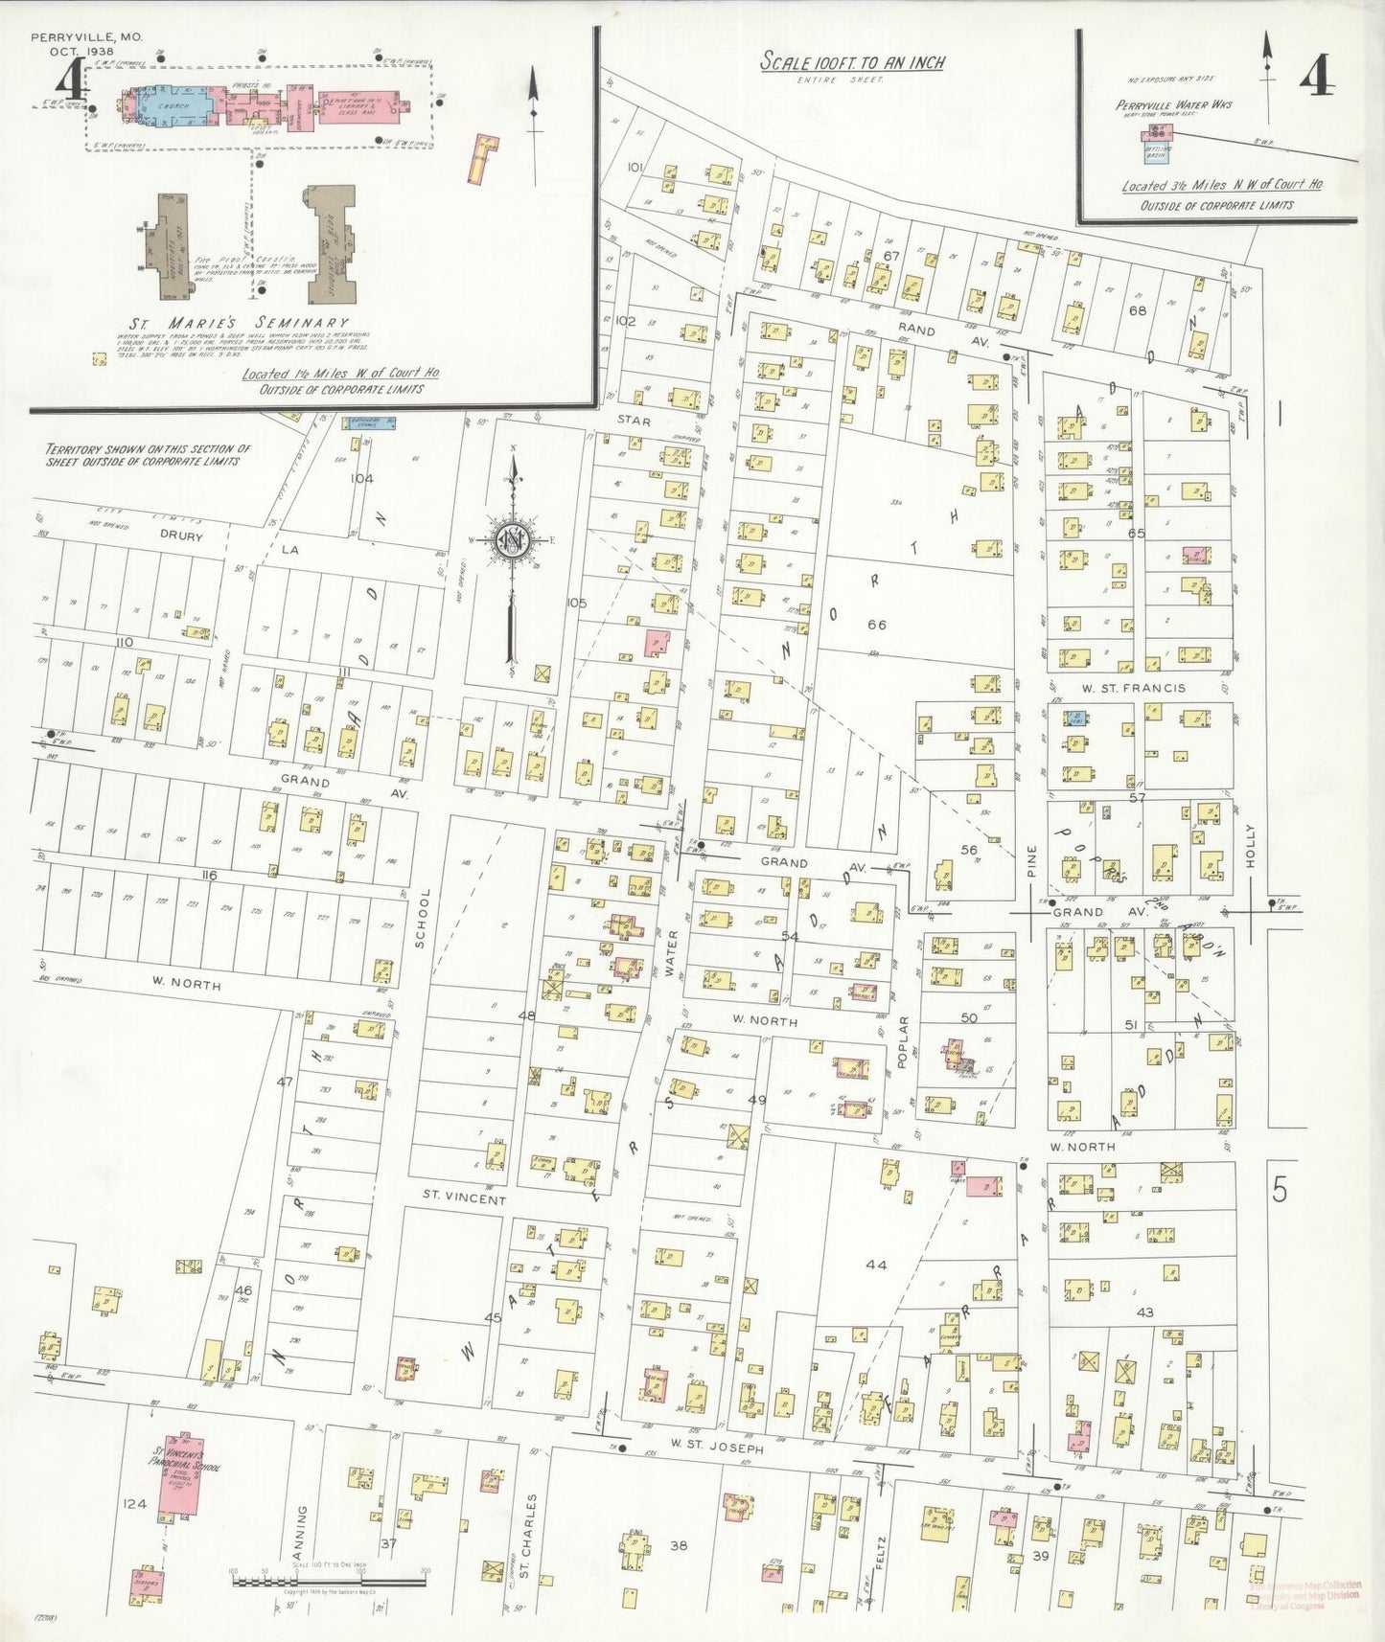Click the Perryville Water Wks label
(x=1173, y=104)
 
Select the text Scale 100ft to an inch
(x=852, y=62)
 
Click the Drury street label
(x=181, y=536)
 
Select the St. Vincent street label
(x=465, y=1197)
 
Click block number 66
(x=876, y=625)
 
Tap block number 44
(x=875, y=1265)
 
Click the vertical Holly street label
(x=1250, y=846)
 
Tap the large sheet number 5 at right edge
(x=1279, y=1191)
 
